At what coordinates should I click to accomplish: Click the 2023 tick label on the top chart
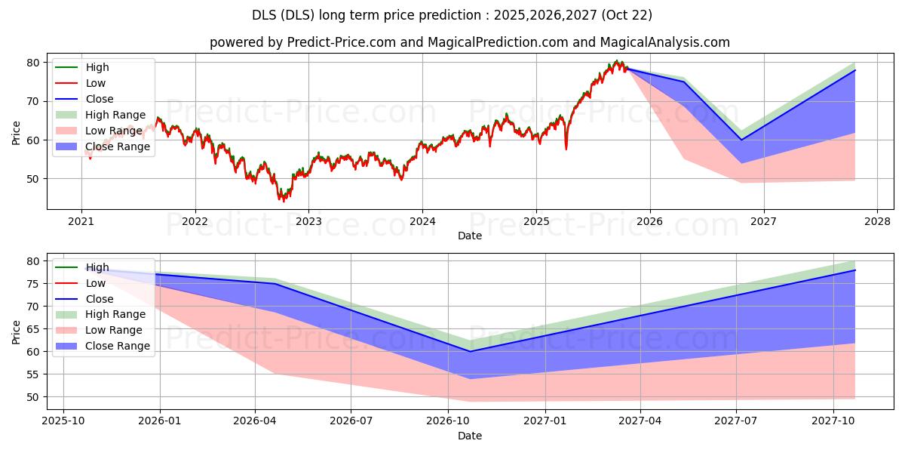308,221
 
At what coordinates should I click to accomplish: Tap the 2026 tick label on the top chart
649,221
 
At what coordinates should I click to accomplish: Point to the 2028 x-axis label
877,221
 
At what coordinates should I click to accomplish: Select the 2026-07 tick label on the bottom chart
351,421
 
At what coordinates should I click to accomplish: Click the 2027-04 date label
640,421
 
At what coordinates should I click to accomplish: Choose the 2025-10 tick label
63,421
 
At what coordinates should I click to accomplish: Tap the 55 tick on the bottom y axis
32,374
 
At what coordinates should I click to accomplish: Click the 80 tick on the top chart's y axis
32,63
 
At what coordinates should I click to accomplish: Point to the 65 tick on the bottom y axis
32,329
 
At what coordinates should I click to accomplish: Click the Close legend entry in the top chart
100,99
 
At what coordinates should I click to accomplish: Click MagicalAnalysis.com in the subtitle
664,42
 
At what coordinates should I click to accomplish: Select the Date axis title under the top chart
469,236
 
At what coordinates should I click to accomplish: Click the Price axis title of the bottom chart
16,332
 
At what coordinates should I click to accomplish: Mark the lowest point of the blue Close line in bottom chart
470,352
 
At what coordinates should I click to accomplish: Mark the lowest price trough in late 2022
284,200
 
